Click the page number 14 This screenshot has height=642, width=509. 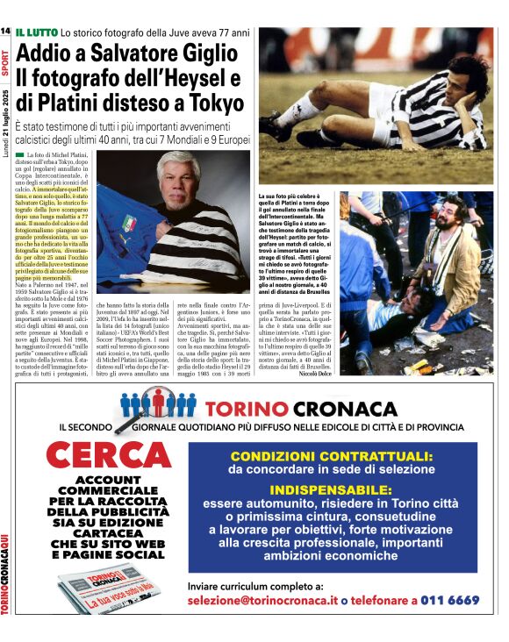[5, 32]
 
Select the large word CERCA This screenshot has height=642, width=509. [96, 457]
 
